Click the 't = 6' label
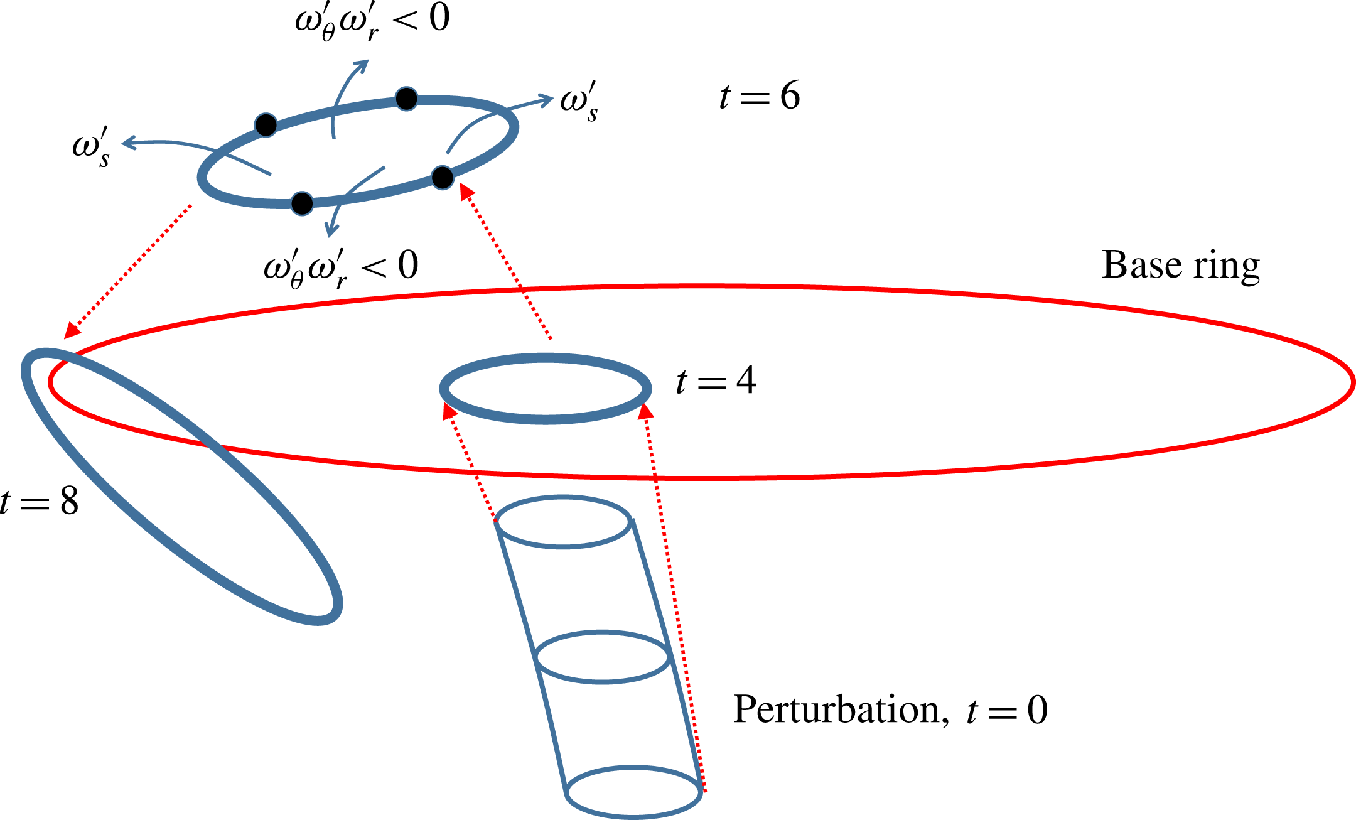tap(760, 96)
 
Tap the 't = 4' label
tap(716, 380)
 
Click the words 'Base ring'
tap(1180, 266)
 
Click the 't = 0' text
tap(1007, 711)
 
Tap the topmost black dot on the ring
tap(406, 99)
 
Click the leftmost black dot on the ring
tap(266, 125)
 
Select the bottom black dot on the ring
tap(302, 203)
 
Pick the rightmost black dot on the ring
tap(443, 178)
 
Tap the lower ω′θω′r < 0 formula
tap(341, 267)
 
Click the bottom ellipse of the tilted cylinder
tap(633, 792)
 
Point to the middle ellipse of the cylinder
tap(603, 657)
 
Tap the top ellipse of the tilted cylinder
tap(563, 522)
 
